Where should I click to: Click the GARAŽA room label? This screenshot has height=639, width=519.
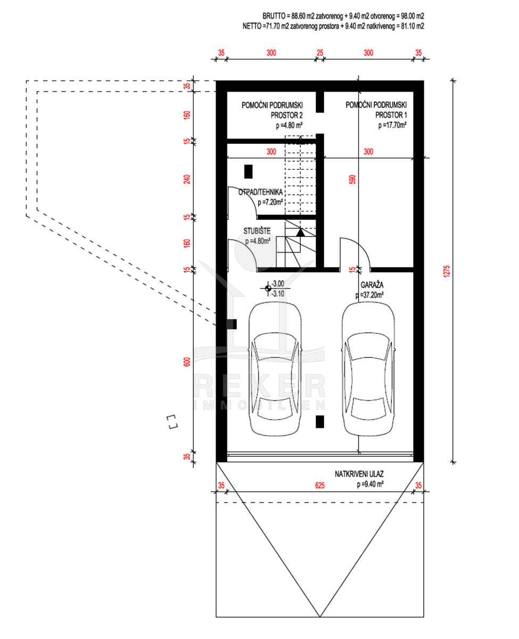point(372,284)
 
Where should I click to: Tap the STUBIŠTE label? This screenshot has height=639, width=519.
point(257,231)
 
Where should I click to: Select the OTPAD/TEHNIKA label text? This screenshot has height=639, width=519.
point(260,192)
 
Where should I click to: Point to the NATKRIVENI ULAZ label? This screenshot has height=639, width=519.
point(359,474)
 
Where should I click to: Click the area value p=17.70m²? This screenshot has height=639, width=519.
point(392,125)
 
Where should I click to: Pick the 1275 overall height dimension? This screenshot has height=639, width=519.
point(447,271)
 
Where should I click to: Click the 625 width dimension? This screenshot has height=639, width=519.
point(319,486)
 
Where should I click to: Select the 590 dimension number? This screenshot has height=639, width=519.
point(352,179)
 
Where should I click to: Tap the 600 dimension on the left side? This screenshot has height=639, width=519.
point(187,362)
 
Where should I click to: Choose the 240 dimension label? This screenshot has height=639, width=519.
point(187,179)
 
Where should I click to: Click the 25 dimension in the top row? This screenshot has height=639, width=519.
point(319,53)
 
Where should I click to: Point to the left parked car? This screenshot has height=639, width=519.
point(275,368)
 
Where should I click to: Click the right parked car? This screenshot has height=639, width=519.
point(368,368)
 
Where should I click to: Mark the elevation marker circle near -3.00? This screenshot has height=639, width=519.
point(268,289)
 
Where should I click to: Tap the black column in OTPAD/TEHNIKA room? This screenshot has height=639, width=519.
point(248,171)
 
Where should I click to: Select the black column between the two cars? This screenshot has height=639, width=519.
point(319,422)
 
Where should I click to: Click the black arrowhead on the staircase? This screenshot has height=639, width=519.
point(300,233)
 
